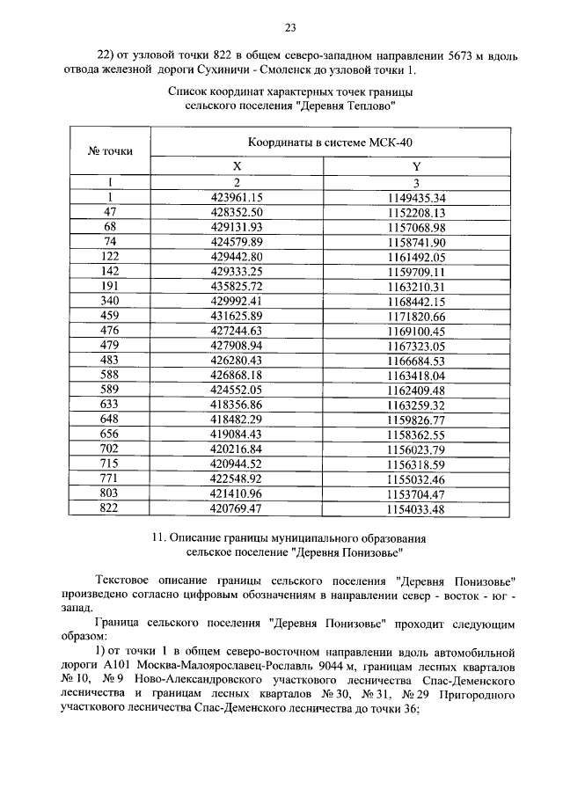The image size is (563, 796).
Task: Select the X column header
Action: (x=238, y=166)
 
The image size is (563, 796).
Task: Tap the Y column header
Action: (x=416, y=166)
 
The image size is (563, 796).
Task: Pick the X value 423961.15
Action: (x=238, y=197)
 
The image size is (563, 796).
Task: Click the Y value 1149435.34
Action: (x=417, y=197)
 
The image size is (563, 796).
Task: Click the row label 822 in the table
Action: (x=110, y=508)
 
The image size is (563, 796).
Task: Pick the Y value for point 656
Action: (x=417, y=434)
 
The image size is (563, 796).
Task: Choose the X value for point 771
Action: (x=238, y=479)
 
